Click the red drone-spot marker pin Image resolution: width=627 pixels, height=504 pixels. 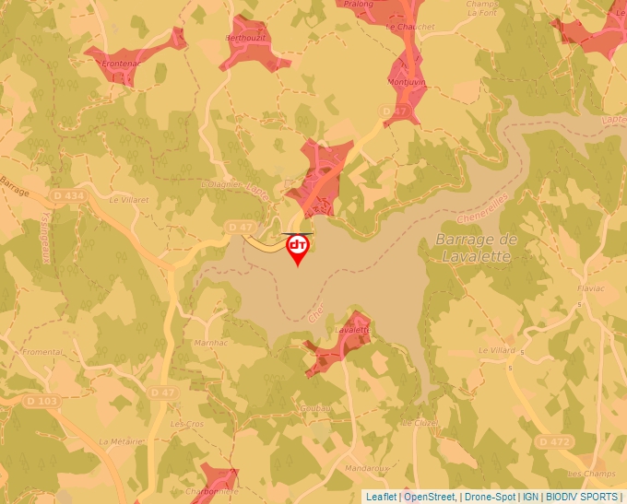(x=298, y=248)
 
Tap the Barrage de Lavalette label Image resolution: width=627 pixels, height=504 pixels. (x=474, y=248)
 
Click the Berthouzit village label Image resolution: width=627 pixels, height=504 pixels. (x=245, y=39)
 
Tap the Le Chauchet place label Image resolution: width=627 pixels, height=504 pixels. (x=409, y=27)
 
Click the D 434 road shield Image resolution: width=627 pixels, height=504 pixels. (x=68, y=195)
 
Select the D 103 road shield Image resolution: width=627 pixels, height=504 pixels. (x=41, y=401)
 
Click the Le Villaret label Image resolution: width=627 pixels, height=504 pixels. (x=128, y=199)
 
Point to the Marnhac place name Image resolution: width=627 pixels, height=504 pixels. (x=212, y=343)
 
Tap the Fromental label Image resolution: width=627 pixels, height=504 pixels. (x=42, y=352)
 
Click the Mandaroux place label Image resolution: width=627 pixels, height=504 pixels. (x=365, y=468)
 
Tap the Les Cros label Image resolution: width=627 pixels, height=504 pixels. (x=187, y=423)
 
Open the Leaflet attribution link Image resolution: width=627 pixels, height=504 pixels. (x=381, y=497)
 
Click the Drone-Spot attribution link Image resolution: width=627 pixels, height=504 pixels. (x=490, y=497)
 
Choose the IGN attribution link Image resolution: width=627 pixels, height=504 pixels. (x=530, y=497)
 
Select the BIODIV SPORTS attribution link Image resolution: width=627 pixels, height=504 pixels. (x=583, y=497)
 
